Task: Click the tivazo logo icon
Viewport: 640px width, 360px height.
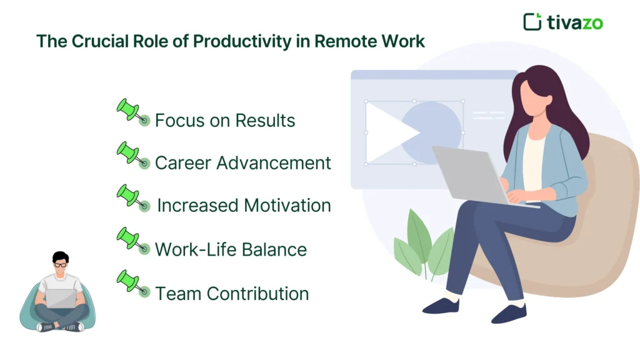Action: point(532,21)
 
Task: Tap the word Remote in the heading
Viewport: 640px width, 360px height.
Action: point(347,41)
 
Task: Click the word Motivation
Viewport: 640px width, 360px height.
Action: point(287,206)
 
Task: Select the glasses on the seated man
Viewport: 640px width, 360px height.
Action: point(61,265)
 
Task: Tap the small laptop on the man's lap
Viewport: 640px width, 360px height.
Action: point(61,299)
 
